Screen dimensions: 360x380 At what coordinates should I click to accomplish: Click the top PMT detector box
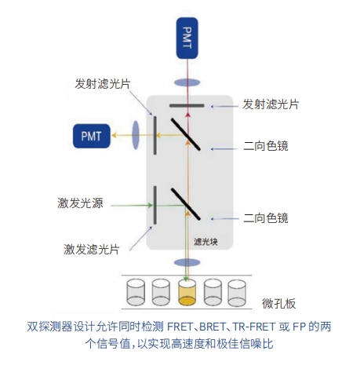[x=187, y=38]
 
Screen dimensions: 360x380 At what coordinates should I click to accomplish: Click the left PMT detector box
[x=92, y=136]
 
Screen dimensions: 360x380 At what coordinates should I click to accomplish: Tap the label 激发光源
[x=80, y=203]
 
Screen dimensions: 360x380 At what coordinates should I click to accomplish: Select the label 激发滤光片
[x=92, y=249]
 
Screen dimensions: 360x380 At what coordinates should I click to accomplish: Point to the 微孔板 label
[x=279, y=304]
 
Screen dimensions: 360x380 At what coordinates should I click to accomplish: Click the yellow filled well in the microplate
[x=187, y=292]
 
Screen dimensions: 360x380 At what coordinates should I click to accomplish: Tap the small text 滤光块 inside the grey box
[x=205, y=242]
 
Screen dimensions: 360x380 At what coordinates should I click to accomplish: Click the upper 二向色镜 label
[x=266, y=146]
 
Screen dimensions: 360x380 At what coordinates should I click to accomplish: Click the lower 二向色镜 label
[x=266, y=218]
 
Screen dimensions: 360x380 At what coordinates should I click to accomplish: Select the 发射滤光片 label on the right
[x=271, y=104]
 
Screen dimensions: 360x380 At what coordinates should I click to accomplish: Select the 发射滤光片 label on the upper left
[x=103, y=84]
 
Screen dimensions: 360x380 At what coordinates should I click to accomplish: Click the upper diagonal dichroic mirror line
[x=186, y=134]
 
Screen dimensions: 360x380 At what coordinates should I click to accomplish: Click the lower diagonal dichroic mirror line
[x=186, y=204]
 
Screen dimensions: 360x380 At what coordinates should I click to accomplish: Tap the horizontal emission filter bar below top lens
[x=187, y=106]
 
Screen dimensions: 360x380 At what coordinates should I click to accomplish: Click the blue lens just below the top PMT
[x=187, y=83]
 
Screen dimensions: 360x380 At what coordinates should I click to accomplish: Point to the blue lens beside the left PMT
[x=136, y=135]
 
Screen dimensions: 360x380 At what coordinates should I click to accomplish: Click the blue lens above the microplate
[x=187, y=262]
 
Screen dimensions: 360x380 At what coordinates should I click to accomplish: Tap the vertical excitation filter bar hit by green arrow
[x=155, y=205]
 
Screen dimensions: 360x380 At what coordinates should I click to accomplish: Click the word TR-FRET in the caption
[x=253, y=327]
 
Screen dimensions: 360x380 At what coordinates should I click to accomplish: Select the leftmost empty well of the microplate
[x=136, y=292]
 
